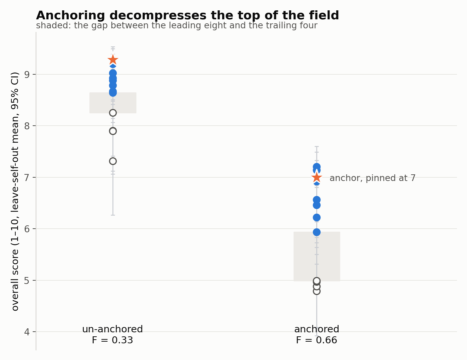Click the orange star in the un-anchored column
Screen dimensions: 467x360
(113, 60)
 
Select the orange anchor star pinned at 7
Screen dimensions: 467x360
(317, 177)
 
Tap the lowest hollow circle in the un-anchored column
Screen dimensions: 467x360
(113, 161)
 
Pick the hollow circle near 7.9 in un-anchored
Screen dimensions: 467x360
(113, 131)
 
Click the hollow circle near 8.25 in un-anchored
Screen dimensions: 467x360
(113, 113)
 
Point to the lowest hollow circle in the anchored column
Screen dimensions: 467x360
(317, 291)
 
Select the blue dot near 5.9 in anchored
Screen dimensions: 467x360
(317, 232)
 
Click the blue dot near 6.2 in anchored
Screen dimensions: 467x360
(317, 217)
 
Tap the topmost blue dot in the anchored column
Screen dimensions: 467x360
(317, 167)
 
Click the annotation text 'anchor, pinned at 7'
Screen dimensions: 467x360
(373, 178)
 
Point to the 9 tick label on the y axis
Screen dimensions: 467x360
(27, 75)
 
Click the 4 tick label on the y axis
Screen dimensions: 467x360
(27, 332)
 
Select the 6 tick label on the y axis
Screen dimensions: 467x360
(27, 229)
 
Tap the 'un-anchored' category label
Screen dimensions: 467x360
(112, 329)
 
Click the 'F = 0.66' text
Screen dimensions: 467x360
(316, 340)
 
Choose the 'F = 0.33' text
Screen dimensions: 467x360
(112, 340)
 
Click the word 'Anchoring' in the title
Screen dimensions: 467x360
(70, 16)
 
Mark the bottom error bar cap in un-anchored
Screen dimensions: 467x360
(113, 215)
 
